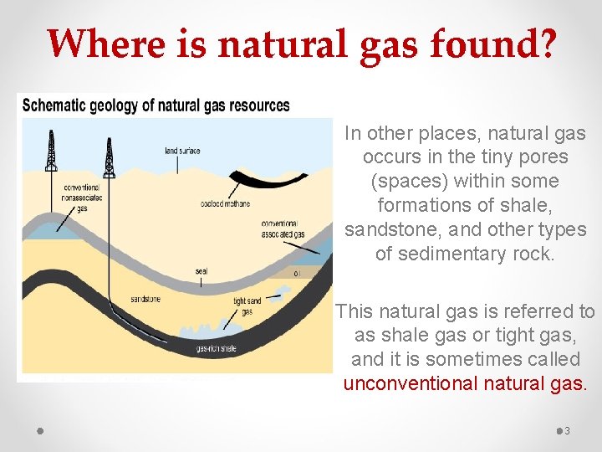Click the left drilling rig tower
(x=52, y=151)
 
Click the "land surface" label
(x=182, y=151)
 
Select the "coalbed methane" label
(x=225, y=204)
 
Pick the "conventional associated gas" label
(x=283, y=229)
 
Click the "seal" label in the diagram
(x=202, y=271)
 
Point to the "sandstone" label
(x=145, y=299)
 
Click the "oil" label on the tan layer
(x=298, y=273)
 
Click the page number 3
(x=568, y=430)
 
